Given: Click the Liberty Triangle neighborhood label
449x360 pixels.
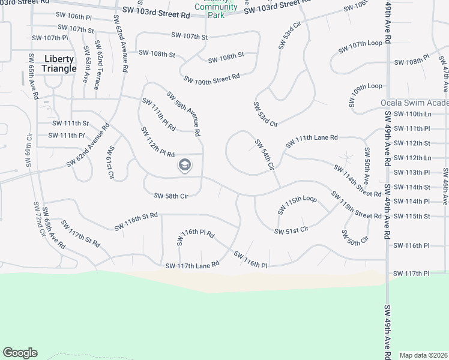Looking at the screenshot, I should (59, 64).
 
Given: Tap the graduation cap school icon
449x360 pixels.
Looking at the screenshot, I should (184, 165).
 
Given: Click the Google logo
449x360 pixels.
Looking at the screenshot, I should (20, 353).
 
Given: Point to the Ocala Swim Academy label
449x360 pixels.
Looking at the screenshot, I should (414, 103).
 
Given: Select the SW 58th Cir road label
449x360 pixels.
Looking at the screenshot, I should (171, 196).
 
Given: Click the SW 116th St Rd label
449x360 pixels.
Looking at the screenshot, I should (136, 221).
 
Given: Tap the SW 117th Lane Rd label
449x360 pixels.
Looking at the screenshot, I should (192, 264).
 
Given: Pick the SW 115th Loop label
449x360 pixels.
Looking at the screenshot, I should (297, 204).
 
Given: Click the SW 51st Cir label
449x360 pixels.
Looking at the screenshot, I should (291, 230).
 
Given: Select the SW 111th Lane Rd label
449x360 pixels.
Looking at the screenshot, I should (312, 140).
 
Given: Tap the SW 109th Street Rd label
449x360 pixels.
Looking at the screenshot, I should (211, 79).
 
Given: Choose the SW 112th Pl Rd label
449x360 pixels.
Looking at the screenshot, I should (157, 142).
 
